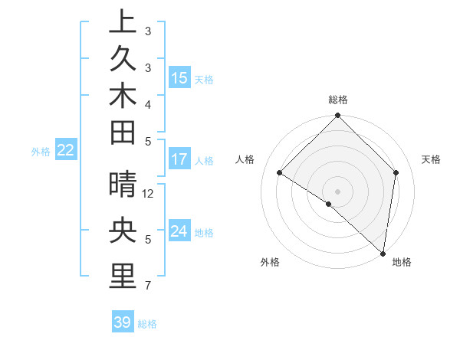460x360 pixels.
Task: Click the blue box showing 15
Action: tap(179, 78)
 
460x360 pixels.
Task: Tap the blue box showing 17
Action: tap(179, 160)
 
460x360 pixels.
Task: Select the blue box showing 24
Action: tap(179, 231)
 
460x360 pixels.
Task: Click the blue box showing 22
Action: tap(66, 151)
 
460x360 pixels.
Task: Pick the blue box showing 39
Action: tap(122, 322)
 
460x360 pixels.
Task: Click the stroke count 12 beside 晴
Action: tap(149, 194)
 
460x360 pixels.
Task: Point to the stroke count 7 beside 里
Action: tap(148, 286)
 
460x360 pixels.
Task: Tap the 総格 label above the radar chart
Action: tap(338, 100)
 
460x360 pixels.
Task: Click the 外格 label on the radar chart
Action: tap(270, 262)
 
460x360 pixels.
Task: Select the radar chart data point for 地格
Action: tap(383, 253)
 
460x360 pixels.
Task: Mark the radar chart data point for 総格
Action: tap(337, 116)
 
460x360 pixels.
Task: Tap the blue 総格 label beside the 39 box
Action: tap(147, 324)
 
